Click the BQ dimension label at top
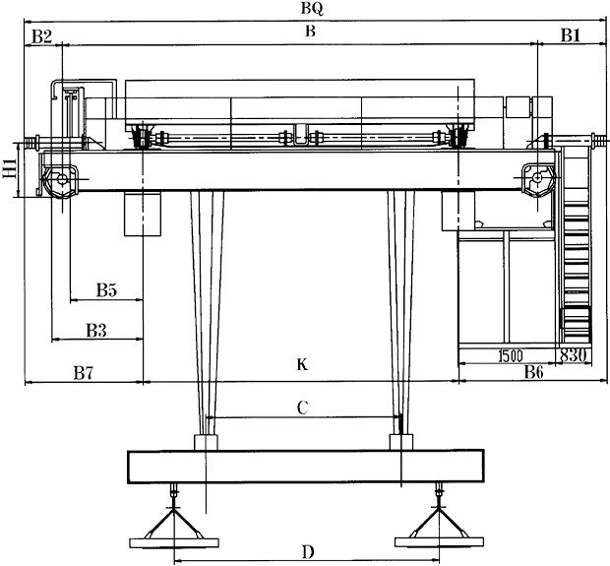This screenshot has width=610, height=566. click(x=314, y=8)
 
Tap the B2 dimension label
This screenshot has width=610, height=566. click(x=40, y=35)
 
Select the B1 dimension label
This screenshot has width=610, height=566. click(x=571, y=35)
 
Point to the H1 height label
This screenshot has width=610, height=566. click(x=9, y=173)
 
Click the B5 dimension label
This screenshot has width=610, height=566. click(x=106, y=290)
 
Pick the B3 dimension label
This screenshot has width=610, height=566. click(x=95, y=330)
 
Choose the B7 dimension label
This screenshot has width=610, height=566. click(x=84, y=373)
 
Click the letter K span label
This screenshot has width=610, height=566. click(x=303, y=365)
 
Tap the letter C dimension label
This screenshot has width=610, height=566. click(x=303, y=406)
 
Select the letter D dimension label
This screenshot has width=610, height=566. click(x=308, y=551)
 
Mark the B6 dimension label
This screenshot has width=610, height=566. click(x=533, y=372)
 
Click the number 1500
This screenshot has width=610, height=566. click(x=509, y=354)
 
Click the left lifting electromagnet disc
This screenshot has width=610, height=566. click(x=173, y=539)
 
